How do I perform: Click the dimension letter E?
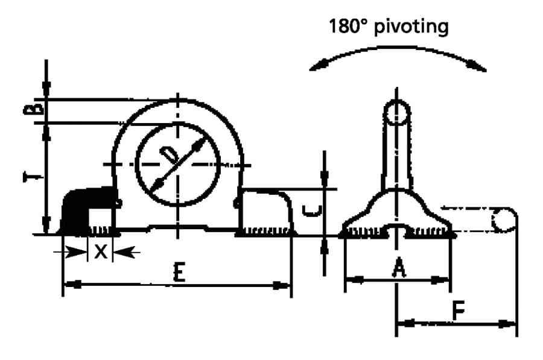179,272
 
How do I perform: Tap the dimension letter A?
399,269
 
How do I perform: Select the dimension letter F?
459,310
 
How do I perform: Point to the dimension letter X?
100,251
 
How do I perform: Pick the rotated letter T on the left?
33,177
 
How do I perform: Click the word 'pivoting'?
411,27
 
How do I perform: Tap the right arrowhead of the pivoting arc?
477,66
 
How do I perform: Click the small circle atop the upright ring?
397,112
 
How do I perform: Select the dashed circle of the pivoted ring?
504,220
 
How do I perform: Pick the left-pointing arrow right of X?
126,251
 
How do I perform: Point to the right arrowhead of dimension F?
507,324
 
